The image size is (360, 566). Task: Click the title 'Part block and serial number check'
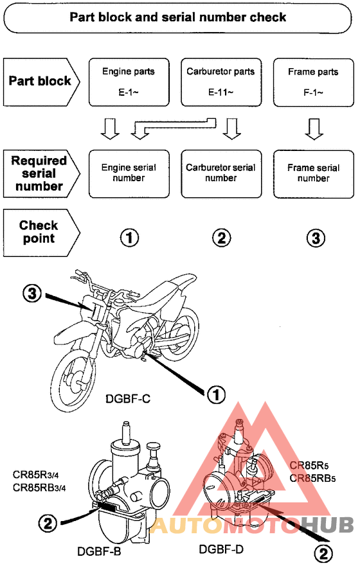pyautogui.click(x=177, y=17)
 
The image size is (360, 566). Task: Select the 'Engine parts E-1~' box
pyautogui.click(x=129, y=82)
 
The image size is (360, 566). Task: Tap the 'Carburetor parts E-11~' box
pyautogui.click(x=221, y=82)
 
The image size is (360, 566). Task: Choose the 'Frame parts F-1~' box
pyautogui.click(x=314, y=82)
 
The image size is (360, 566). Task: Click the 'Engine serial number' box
pyautogui.click(x=129, y=174)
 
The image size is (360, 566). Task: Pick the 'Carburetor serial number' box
pyautogui.click(x=221, y=174)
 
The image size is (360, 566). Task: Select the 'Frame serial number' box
pyautogui.click(x=314, y=174)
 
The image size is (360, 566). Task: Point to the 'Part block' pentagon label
pyautogui.click(x=41, y=82)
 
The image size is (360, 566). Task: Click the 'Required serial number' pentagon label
pyautogui.click(x=41, y=173)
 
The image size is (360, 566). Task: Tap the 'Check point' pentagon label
pyautogui.click(x=41, y=233)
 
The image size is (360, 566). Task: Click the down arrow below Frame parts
pyautogui.click(x=314, y=129)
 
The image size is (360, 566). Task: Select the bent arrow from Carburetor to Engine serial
pyautogui.click(x=174, y=125)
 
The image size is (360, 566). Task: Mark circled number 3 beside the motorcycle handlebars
pyautogui.click(x=32, y=294)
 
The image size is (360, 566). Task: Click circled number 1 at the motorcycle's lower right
pyautogui.click(x=216, y=394)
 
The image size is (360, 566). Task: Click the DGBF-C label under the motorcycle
pyautogui.click(x=128, y=399)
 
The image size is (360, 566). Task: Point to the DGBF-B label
pyautogui.click(x=99, y=552)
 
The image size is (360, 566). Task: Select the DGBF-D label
pyautogui.click(x=221, y=549)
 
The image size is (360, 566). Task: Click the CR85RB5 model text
pyautogui.click(x=312, y=478)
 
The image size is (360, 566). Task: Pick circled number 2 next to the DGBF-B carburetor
pyautogui.click(x=48, y=523)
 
